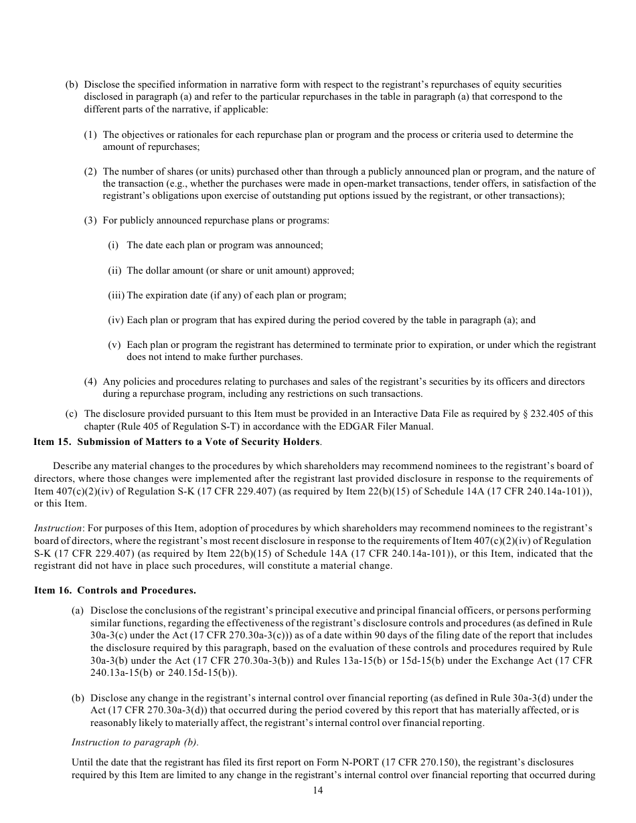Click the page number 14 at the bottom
[x=318, y=790]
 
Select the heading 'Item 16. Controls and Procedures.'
[x=115, y=590]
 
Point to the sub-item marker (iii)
[x=116, y=295]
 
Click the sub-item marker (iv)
[x=116, y=320]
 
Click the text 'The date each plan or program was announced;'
[x=224, y=245]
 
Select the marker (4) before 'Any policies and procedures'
[x=90, y=381]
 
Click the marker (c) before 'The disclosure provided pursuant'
[x=72, y=414]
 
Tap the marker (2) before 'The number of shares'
[x=90, y=171]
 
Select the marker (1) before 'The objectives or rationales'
[x=90, y=134]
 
